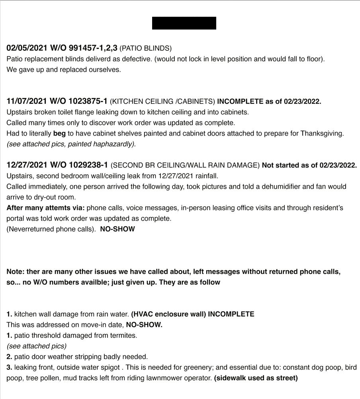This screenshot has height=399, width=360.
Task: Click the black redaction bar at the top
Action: (x=184, y=23)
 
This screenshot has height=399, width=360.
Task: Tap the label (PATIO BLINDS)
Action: (x=145, y=48)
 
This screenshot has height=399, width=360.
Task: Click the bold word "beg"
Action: (x=59, y=134)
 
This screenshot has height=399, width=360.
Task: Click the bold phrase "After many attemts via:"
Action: (x=46, y=208)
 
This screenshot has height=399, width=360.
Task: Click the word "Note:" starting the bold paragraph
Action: (x=16, y=272)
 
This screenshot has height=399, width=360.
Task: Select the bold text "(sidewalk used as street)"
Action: (x=256, y=378)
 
